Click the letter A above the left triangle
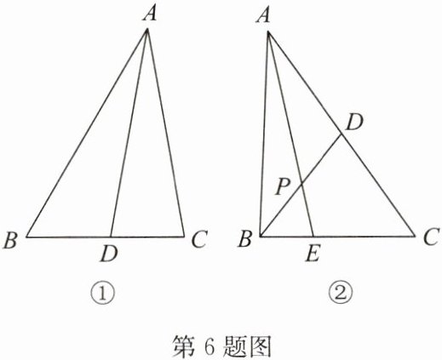[x=150, y=13]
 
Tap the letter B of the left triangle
[x=11, y=240]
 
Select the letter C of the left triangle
[x=200, y=240]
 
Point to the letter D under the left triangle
[x=109, y=254]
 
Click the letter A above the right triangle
[x=263, y=15]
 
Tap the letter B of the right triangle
[x=245, y=239]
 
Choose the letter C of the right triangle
[x=432, y=237]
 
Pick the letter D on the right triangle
[x=354, y=123]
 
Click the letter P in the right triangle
[x=283, y=187]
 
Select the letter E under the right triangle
[x=313, y=254]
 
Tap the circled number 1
[x=103, y=294]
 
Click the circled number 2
[x=341, y=294]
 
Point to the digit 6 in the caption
[x=210, y=346]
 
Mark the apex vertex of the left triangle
[x=147, y=29]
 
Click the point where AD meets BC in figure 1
[x=111, y=237]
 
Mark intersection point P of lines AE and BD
[x=301, y=185]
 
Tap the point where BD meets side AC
[x=342, y=135]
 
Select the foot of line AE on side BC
[x=313, y=236]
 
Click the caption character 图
[x=260, y=346]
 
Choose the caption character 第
[x=184, y=346]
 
